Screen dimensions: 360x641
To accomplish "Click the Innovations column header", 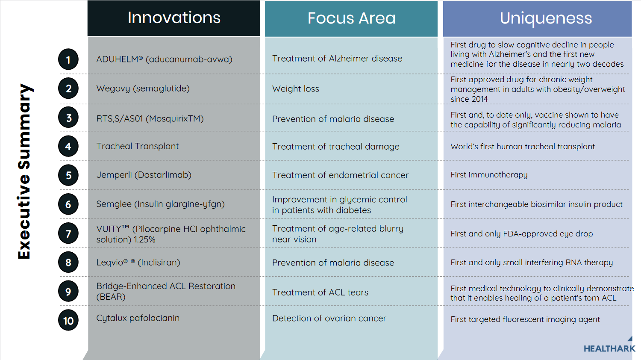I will [174, 18].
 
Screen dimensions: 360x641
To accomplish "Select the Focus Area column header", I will [351, 18].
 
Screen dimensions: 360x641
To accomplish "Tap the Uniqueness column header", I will [546, 18].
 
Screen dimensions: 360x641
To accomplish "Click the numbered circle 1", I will [68, 60].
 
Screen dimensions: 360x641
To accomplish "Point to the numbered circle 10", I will [68, 321].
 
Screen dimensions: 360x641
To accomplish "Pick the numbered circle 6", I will [68, 204].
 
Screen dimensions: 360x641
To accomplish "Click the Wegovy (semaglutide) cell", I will [143, 89].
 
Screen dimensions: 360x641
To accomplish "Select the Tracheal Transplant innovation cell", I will [137, 146].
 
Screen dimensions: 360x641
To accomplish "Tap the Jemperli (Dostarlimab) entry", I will [144, 175].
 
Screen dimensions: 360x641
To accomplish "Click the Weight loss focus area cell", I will [296, 89].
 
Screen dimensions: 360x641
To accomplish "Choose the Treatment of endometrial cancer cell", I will [340, 175].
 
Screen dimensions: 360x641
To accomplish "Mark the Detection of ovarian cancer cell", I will [329, 319].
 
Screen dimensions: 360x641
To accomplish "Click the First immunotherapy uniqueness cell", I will [489, 175].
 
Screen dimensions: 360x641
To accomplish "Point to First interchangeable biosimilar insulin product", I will [536, 204].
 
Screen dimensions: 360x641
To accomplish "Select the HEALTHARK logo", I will [609, 348].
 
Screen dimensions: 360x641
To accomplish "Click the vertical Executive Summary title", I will [24, 171].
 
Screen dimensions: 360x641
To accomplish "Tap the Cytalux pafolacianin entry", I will [138, 318].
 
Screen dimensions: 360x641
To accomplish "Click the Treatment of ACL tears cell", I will [320, 292].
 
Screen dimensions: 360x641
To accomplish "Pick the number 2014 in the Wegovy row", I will [479, 99].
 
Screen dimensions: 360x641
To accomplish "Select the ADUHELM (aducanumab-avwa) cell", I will [164, 59].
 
